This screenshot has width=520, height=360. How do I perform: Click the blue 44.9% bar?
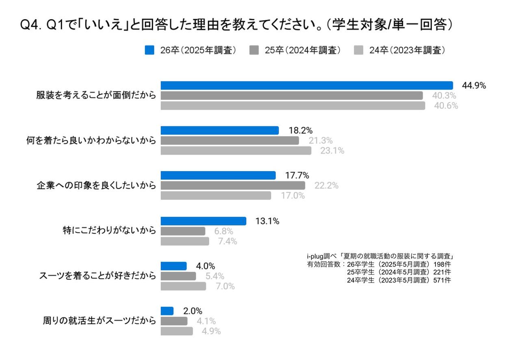[307, 85]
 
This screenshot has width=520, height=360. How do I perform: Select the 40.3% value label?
[444, 96]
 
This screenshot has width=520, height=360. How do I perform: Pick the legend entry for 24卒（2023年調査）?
[400, 50]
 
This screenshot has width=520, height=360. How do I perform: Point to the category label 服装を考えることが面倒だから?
[96, 95]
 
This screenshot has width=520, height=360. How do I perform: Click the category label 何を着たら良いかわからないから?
[91, 141]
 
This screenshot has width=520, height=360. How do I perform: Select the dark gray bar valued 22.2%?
[233, 185]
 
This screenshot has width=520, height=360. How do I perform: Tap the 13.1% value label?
[267, 221]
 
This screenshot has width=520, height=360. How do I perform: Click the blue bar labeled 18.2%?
[220, 130]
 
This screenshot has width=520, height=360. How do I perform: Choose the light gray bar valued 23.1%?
[236, 151]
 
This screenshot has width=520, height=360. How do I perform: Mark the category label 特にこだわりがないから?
[109, 231]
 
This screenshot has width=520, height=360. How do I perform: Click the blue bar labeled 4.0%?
[173, 266]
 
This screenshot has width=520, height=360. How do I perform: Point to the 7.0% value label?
[225, 286]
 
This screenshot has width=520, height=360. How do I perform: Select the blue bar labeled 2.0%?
[167, 311]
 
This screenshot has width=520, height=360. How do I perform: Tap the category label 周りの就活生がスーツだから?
[99, 321]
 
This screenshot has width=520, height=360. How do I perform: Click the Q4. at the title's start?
[32, 25]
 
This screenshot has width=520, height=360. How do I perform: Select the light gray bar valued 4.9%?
[177, 331]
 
